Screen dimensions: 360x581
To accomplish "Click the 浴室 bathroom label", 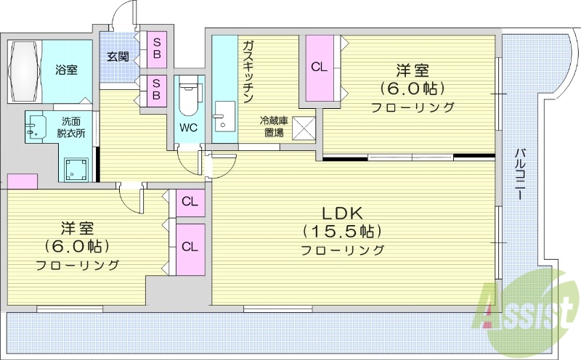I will click(67, 70).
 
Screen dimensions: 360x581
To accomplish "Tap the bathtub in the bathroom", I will click(25, 72).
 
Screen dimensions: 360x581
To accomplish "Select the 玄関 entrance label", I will click(118, 56).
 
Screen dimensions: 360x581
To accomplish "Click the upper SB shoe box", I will click(156, 47).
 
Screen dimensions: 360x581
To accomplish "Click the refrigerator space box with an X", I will click(303, 128).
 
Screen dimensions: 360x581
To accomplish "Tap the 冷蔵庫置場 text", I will click(273, 127).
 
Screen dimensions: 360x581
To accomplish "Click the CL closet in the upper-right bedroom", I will click(319, 67).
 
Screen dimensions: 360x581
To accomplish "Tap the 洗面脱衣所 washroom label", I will click(71, 128).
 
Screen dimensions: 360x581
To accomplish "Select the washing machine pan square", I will click(76, 170).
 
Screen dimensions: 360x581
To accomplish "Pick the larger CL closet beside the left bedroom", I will click(190, 246).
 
